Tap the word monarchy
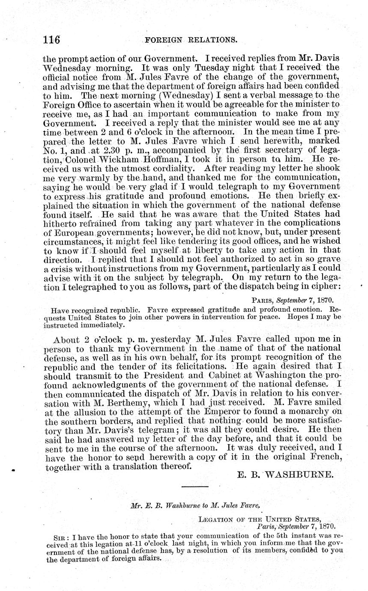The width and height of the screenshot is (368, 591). [x=296, y=412]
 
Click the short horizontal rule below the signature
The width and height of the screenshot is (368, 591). [x=195, y=487]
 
